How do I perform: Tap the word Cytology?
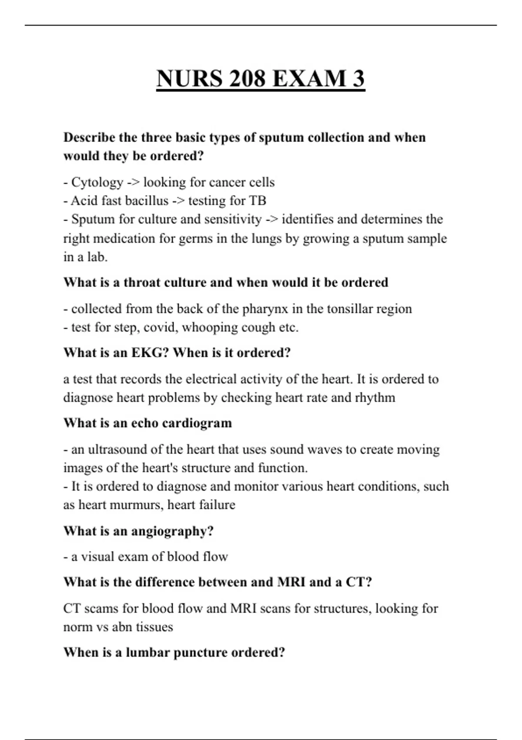[97, 182]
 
